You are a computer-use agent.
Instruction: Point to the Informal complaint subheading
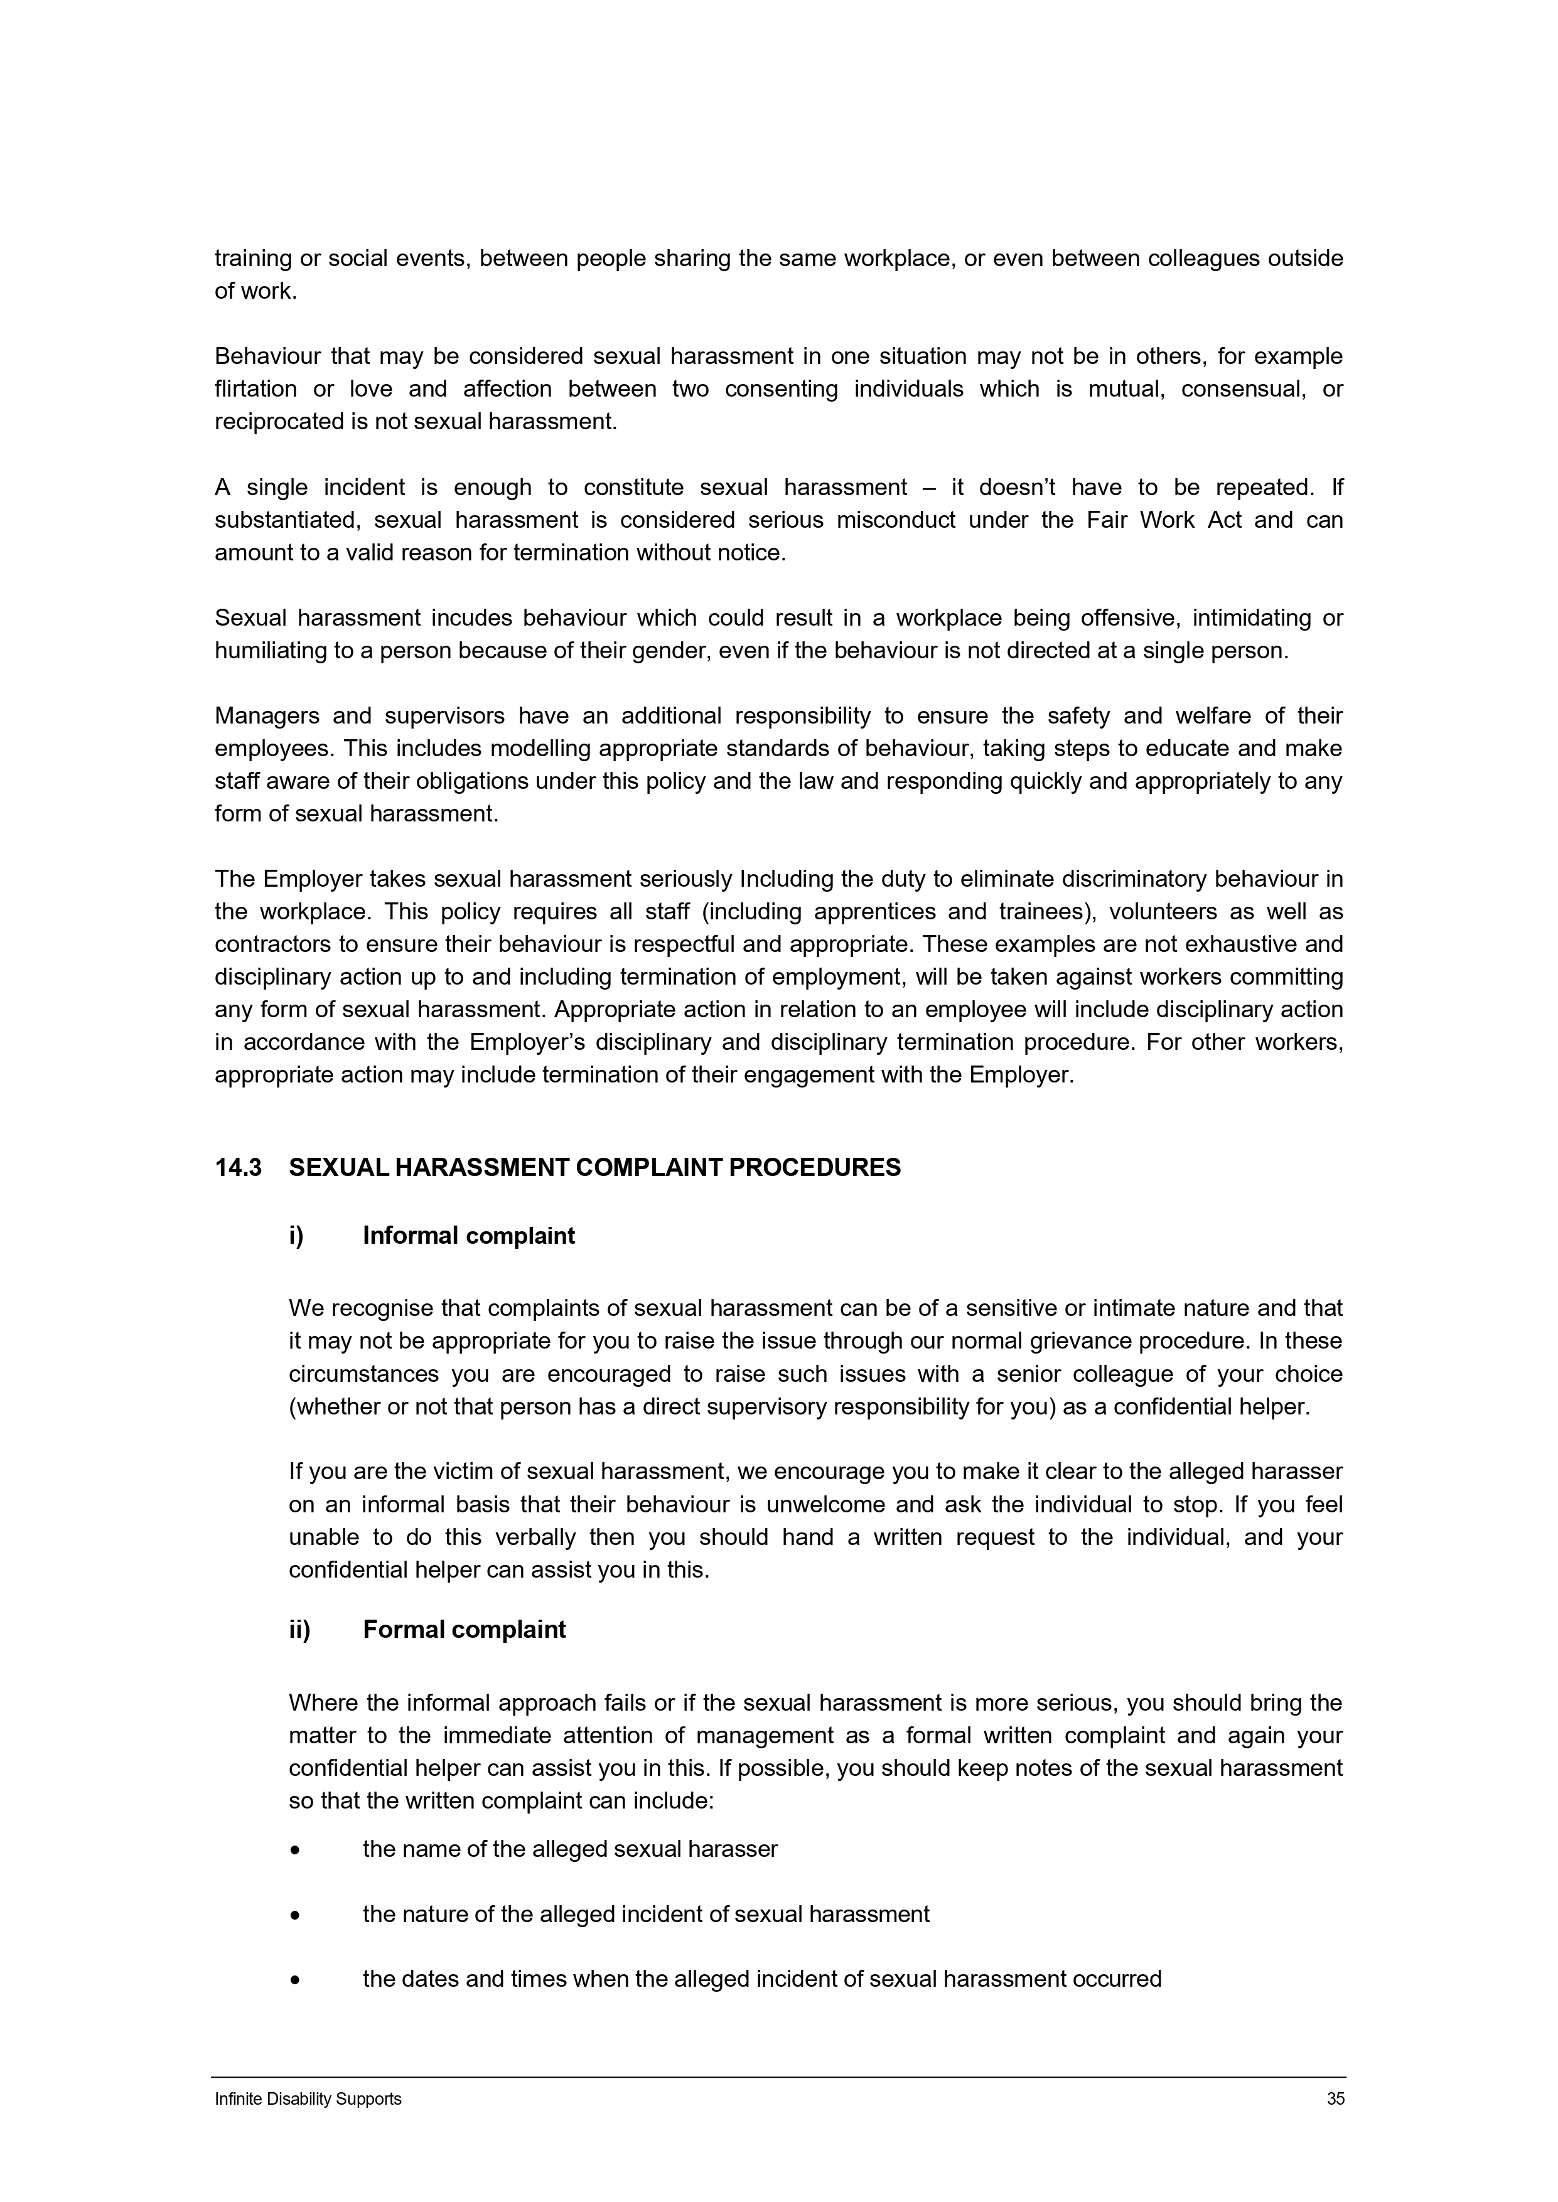coord(468,1235)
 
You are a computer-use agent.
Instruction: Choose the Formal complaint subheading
coord(465,1630)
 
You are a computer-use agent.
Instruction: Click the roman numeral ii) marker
coord(299,1630)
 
